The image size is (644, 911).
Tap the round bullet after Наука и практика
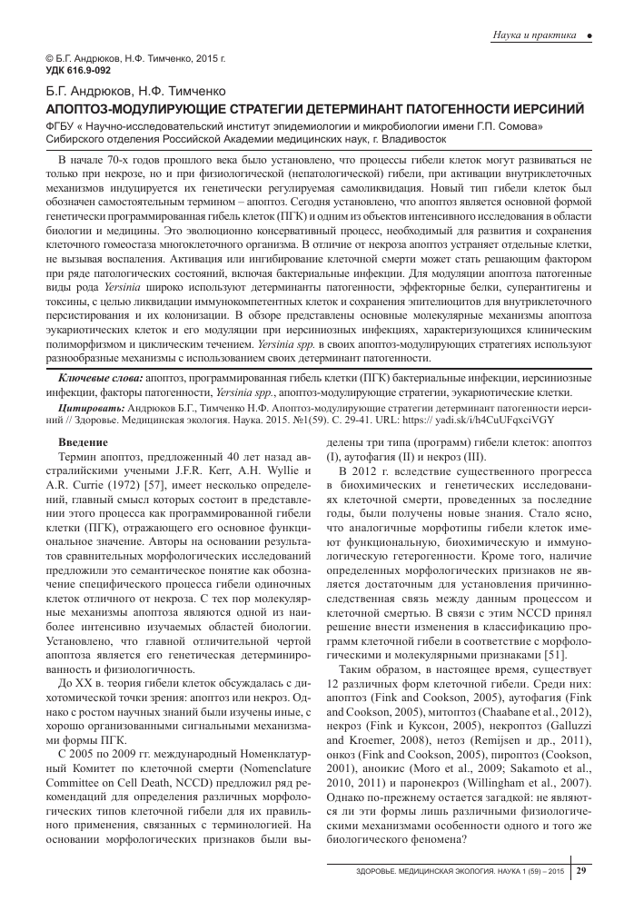click(590, 35)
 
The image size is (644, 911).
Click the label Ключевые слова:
click(100, 376)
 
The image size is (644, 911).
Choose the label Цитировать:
click(87, 410)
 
